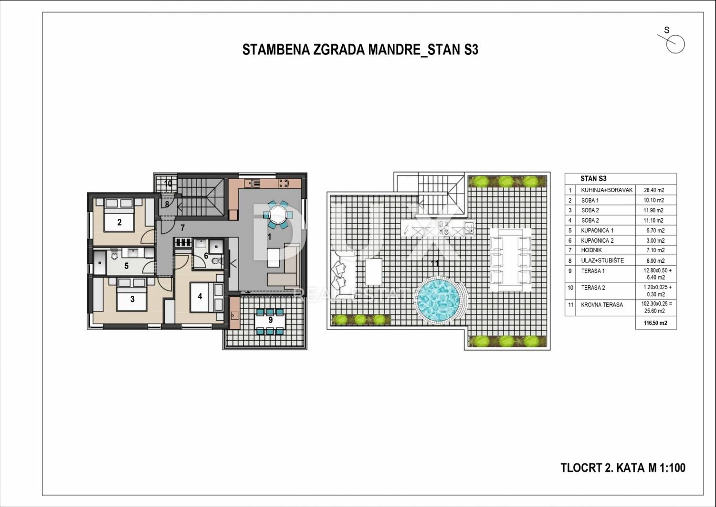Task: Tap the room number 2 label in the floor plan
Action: (119, 222)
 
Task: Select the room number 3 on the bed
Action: (132, 299)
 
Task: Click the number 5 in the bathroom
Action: (126, 266)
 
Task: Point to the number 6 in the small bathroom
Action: (206, 256)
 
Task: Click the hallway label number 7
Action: (182, 227)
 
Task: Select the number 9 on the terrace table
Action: (271, 320)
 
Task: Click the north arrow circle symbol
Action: (675, 44)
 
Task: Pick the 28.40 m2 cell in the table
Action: (654, 190)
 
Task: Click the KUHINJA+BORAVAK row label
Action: (607, 190)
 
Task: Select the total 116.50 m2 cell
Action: (655, 323)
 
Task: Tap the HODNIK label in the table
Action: (591, 250)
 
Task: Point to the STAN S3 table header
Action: (594, 179)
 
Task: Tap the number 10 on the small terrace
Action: (168, 183)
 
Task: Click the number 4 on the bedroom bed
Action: (200, 296)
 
